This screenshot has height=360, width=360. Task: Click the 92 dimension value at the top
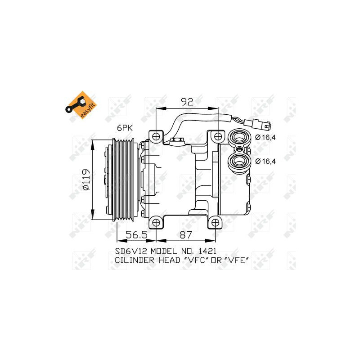[187, 102]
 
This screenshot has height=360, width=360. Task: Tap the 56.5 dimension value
[136, 234]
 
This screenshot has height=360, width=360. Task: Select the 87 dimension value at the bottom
[185, 234]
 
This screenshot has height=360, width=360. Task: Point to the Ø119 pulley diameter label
[85, 180]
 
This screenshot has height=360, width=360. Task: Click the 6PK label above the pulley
[125, 128]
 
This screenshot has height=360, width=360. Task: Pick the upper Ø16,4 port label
[265, 138]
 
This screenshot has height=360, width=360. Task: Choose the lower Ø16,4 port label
[265, 161]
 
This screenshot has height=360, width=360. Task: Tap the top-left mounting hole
[156, 137]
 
